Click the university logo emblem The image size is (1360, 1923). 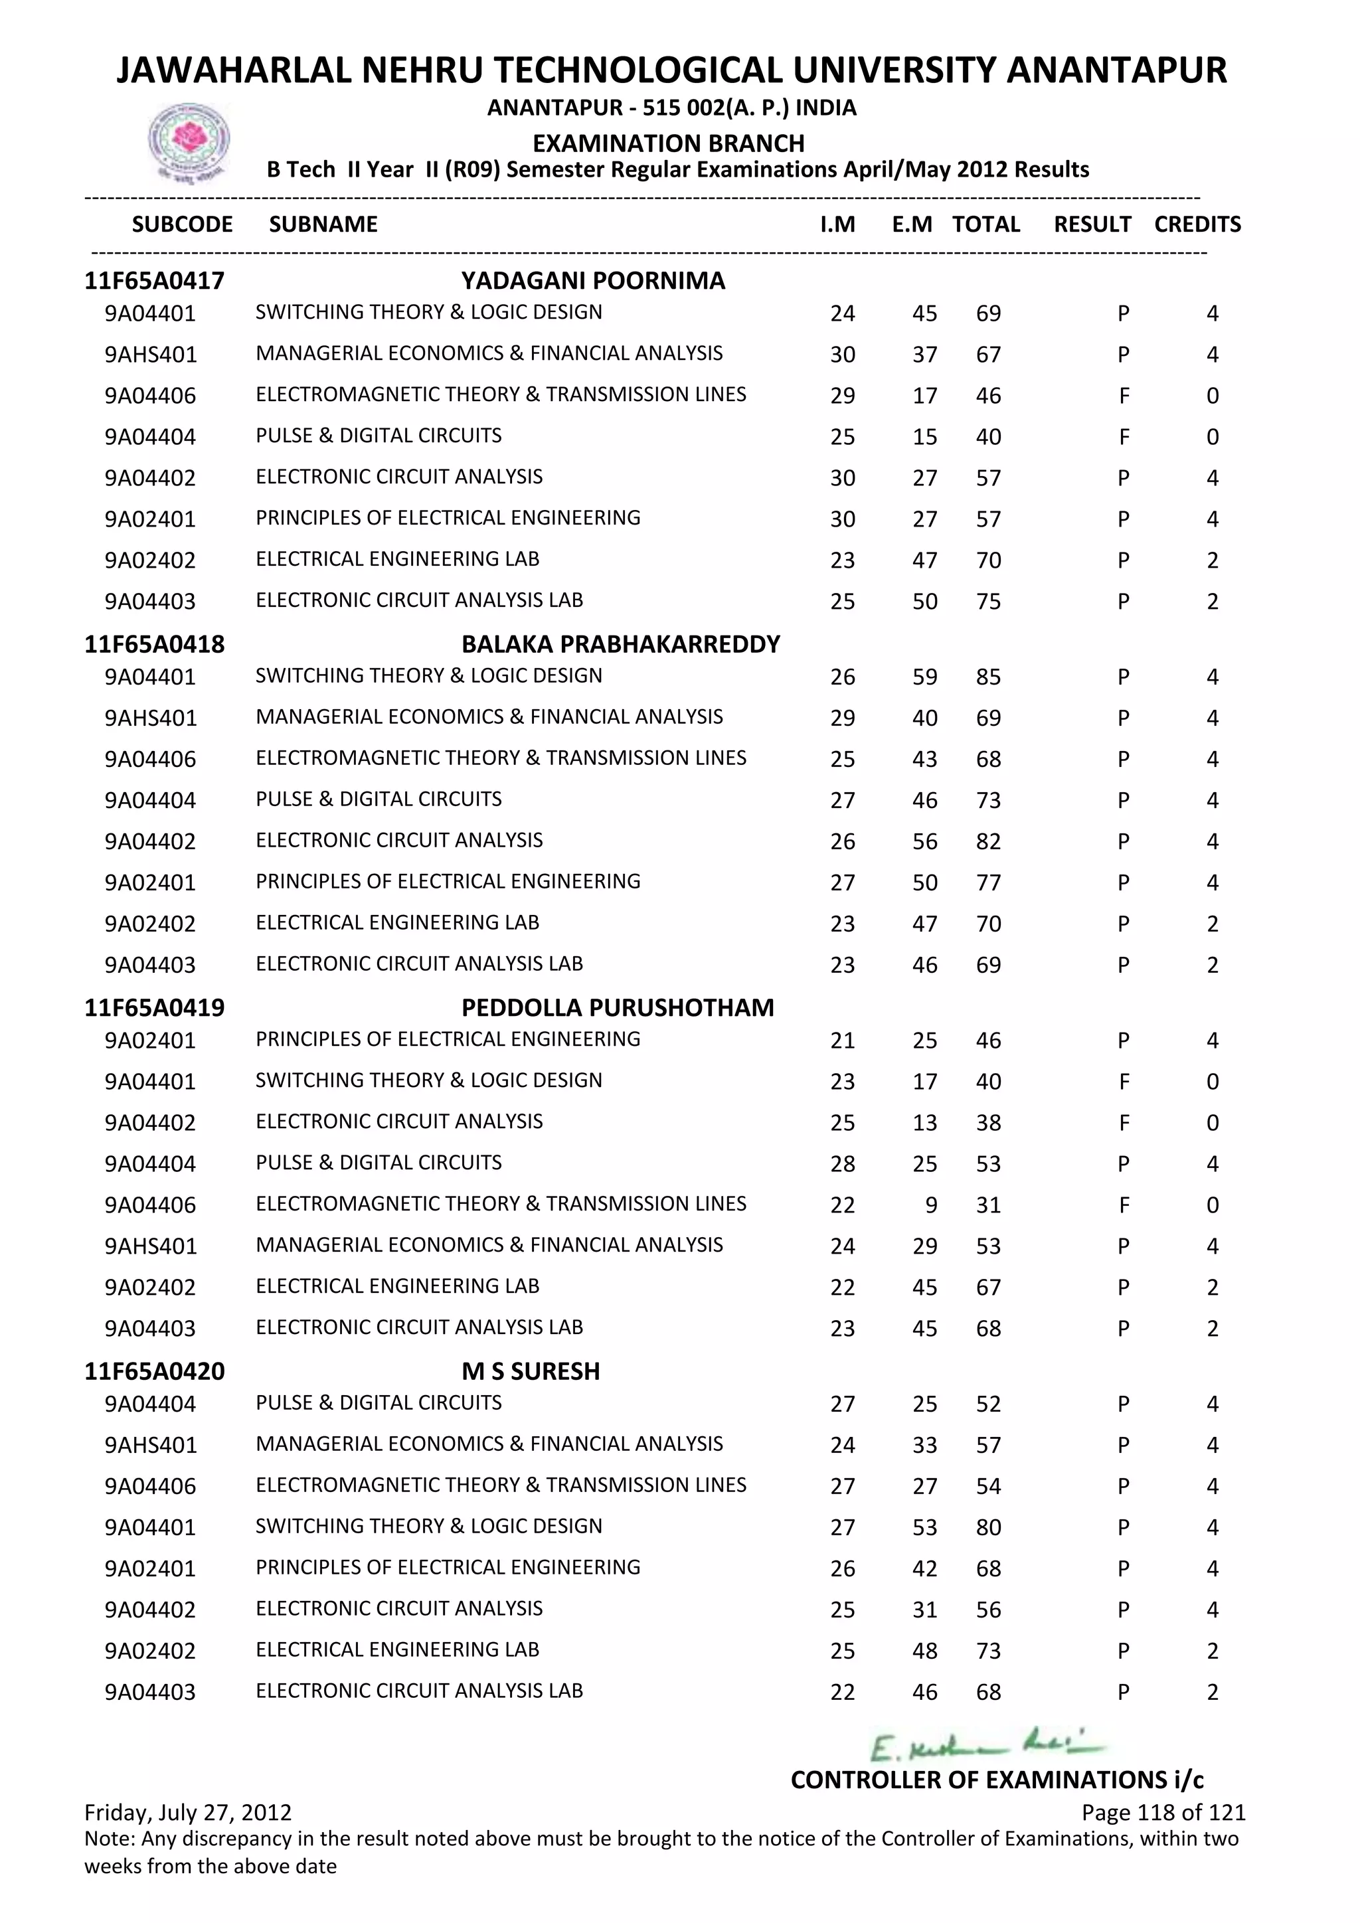pyautogui.click(x=189, y=141)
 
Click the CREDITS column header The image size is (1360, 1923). pyautogui.click(x=1197, y=224)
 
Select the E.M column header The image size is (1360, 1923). pyautogui.click(x=911, y=224)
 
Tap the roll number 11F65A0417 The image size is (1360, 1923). pyautogui.click(x=154, y=281)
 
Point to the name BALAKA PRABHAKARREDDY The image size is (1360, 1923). pyautogui.click(x=620, y=644)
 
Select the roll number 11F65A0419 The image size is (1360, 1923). pyautogui.click(x=154, y=1007)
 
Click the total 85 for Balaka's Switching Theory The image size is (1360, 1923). pyautogui.click(x=988, y=677)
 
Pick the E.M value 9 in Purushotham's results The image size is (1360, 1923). pyautogui.click(x=930, y=1205)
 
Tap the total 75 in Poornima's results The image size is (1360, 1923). pyautogui.click(x=988, y=602)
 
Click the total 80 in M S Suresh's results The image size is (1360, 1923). pyautogui.click(x=988, y=1527)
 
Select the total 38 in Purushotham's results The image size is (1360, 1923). pyautogui.click(x=988, y=1122)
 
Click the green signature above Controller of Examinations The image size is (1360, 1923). pyautogui.click(x=987, y=1747)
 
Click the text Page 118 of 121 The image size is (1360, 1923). pyautogui.click(x=1163, y=1813)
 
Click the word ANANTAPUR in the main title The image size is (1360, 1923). pyautogui.click(x=1116, y=70)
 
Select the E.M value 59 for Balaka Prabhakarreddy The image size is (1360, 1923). pyautogui.click(x=924, y=677)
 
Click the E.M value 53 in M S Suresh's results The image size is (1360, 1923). pyautogui.click(x=924, y=1527)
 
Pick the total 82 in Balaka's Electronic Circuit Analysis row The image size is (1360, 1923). pyautogui.click(x=988, y=842)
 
